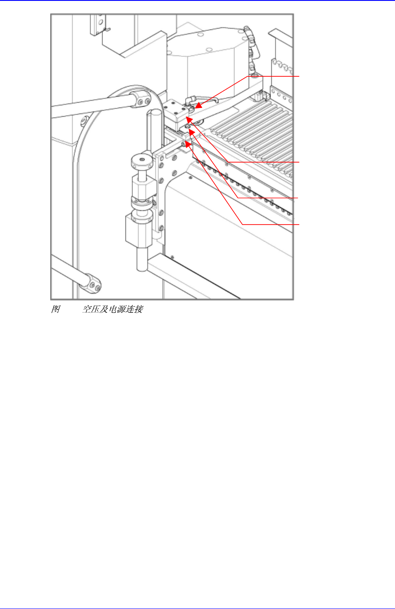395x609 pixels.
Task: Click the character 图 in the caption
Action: coord(55,309)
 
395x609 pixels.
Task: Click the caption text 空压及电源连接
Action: coord(113,309)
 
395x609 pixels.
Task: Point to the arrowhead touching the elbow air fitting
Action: coord(197,105)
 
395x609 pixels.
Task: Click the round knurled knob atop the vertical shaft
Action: coord(141,161)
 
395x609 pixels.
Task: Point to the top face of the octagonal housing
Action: coord(203,41)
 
